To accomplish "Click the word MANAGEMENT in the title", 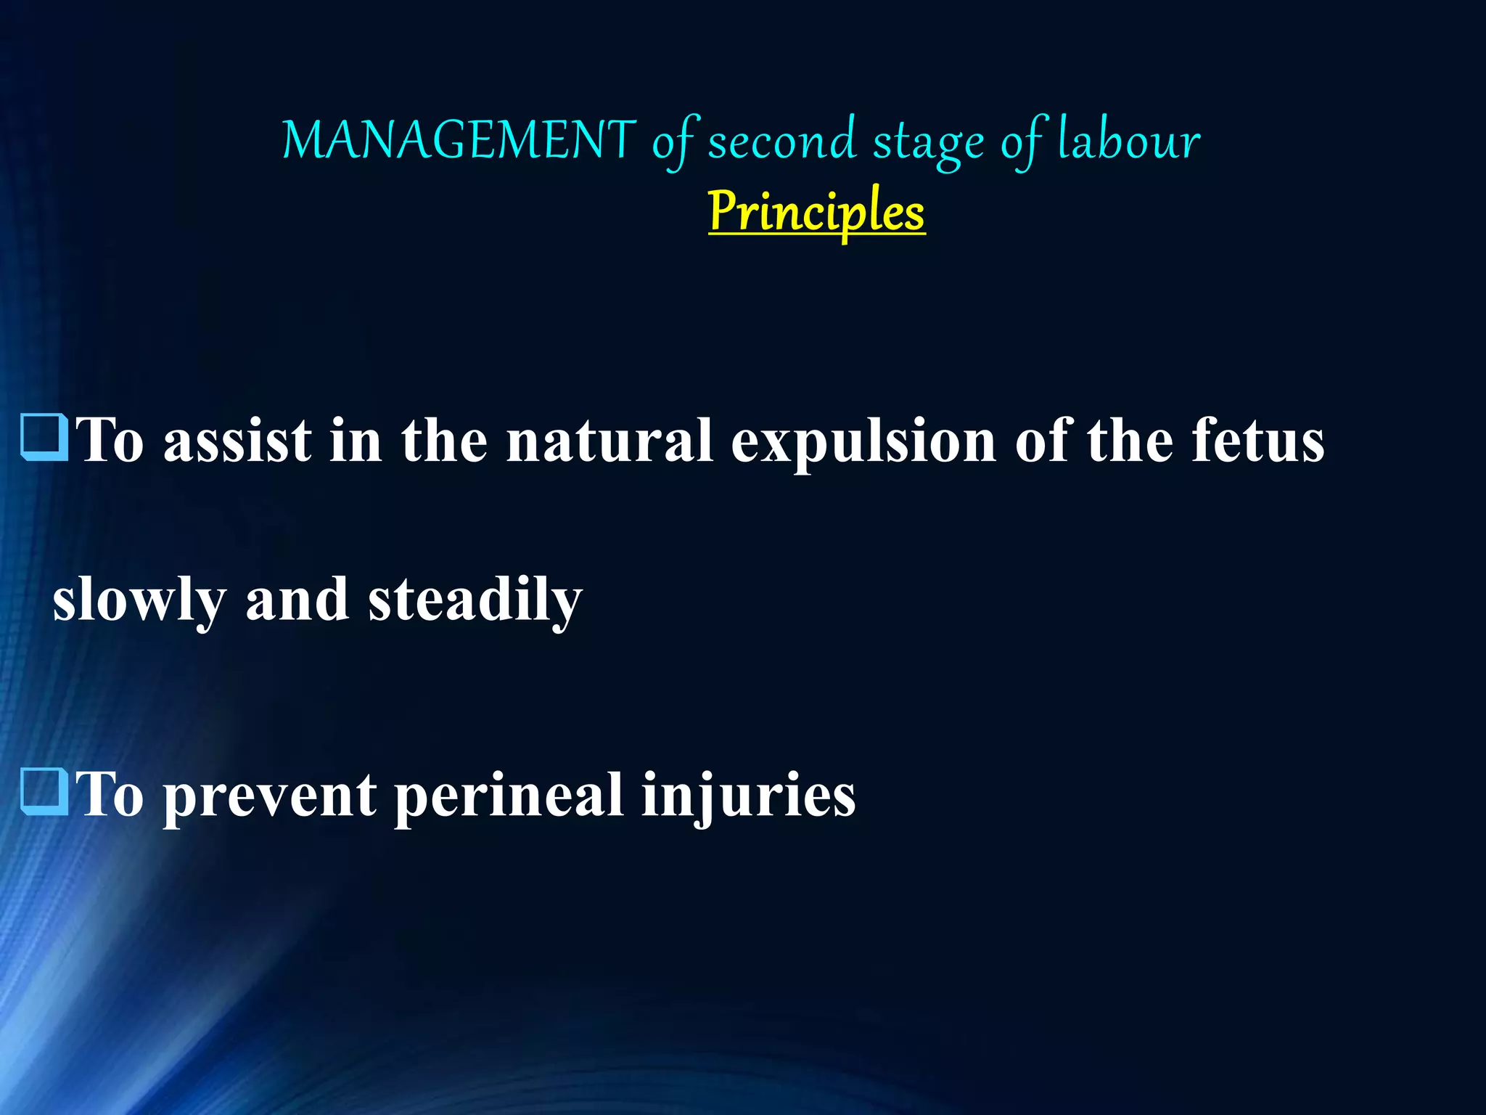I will (x=459, y=140).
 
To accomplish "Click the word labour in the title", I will (x=1129, y=140).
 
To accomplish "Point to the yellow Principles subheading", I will (x=816, y=211).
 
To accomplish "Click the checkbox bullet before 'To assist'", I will (x=45, y=438).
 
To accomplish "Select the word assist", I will (x=238, y=441).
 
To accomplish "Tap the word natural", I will (x=609, y=441).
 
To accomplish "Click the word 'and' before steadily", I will (x=297, y=600).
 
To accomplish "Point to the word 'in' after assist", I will (x=355, y=441).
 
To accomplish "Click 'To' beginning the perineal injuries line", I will (x=110, y=795).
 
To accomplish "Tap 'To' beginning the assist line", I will (x=110, y=441).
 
